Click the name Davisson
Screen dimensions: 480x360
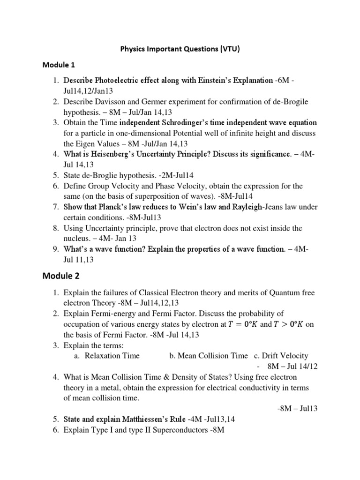tap(111, 101)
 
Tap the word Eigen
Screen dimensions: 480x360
tap(89, 144)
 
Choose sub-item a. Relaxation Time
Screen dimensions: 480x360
tap(107, 356)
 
